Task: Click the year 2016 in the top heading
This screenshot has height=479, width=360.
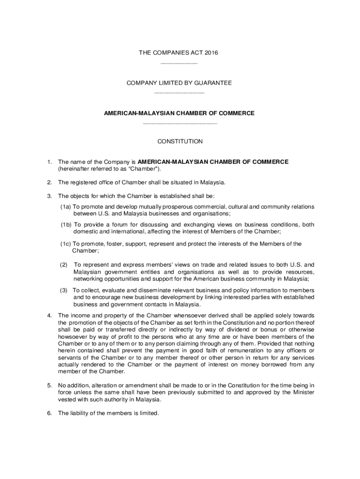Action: click(x=211, y=53)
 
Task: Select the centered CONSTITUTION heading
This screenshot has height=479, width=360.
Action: click(x=180, y=141)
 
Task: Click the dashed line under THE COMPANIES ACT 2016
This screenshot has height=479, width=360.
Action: click(x=179, y=63)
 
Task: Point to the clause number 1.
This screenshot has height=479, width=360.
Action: click(x=49, y=162)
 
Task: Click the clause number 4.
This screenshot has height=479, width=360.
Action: click(x=49, y=315)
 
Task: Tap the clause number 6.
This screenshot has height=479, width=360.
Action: click(x=49, y=413)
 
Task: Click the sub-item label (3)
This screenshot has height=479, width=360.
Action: click(x=64, y=290)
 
